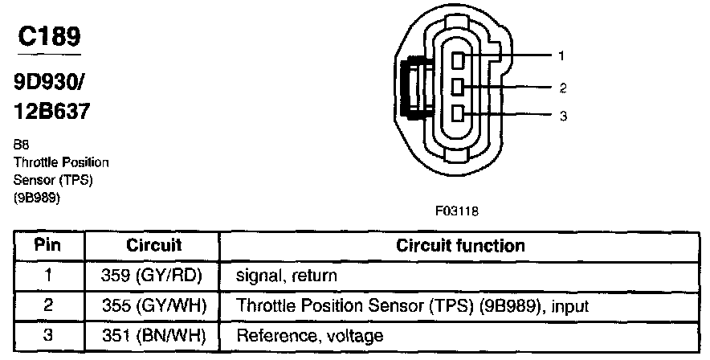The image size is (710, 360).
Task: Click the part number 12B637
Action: [x=51, y=111]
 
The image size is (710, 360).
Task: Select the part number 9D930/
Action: [x=51, y=83]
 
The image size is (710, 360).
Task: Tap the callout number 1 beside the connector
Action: [x=562, y=56]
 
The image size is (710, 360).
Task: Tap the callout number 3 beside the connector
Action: [x=562, y=116]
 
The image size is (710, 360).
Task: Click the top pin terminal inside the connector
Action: [x=457, y=60]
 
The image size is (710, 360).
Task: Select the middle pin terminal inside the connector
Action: [x=457, y=86]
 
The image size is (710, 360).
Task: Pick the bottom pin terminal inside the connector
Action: [x=457, y=112]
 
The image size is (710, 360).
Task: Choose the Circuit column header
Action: [x=153, y=245]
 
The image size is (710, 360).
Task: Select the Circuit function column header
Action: [x=460, y=245]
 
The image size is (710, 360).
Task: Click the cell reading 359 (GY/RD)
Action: [x=153, y=275]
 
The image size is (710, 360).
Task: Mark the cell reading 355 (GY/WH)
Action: [x=153, y=305]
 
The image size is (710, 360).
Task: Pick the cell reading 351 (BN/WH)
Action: [x=153, y=335]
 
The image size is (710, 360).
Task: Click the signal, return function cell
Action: [x=286, y=275]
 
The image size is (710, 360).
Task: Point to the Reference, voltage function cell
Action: [x=309, y=335]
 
